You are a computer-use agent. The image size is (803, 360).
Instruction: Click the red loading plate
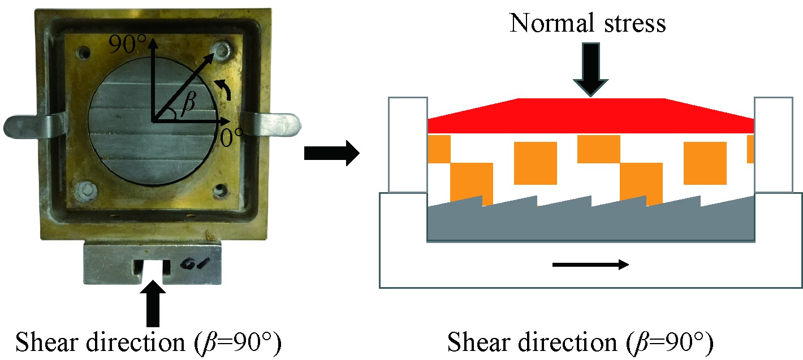pyautogui.click(x=590, y=116)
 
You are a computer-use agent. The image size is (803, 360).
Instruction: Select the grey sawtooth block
pyautogui.click(x=590, y=223)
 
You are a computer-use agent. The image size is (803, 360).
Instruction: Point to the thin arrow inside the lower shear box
pyautogui.click(x=590, y=264)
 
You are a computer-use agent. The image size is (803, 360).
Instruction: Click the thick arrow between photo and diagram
pyautogui.click(x=331, y=153)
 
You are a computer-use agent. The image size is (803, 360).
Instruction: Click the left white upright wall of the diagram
pyautogui.click(x=408, y=144)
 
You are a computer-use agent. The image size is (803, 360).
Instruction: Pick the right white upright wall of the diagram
pyautogui.click(x=773, y=144)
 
